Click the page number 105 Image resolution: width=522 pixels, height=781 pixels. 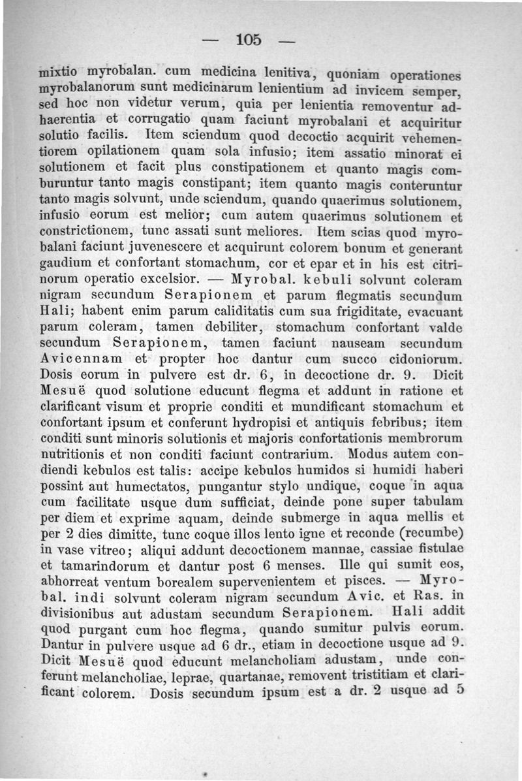pyautogui.click(x=249, y=40)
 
